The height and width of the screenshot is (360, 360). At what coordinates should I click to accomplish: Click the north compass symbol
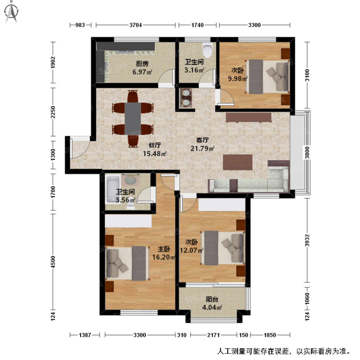[x=12, y=12]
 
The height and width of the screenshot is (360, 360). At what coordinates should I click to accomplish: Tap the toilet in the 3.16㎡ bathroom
[x=207, y=50]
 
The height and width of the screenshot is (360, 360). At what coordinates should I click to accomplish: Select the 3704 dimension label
[x=136, y=25]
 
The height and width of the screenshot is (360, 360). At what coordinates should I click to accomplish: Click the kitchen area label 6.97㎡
[x=142, y=72]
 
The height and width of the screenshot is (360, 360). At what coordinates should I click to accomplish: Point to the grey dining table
[x=133, y=118]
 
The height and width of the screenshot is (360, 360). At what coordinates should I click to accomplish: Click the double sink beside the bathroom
[x=186, y=98]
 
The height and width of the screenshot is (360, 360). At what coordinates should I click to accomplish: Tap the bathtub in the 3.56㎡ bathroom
[x=112, y=189]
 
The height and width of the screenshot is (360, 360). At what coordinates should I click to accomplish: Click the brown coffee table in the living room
[x=238, y=162]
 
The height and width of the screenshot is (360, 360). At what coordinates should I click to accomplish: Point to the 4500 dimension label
[x=53, y=262]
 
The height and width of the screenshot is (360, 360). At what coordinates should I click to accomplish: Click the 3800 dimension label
[x=307, y=153]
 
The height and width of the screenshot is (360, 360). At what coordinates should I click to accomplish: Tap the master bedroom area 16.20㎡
[x=164, y=257]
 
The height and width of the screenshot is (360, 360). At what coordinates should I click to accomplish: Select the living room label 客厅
[x=202, y=140]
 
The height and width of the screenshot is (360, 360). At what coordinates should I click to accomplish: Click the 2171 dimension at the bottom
[x=213, y=335]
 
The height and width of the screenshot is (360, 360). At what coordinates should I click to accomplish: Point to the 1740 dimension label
[x=197, y=25]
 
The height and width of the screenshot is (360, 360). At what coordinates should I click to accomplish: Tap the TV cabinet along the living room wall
[x=248, y=117]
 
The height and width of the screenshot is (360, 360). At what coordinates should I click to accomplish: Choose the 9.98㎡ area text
[x=238, y=79]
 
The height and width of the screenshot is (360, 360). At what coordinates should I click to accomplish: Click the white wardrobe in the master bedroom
[x=128, y=221]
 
